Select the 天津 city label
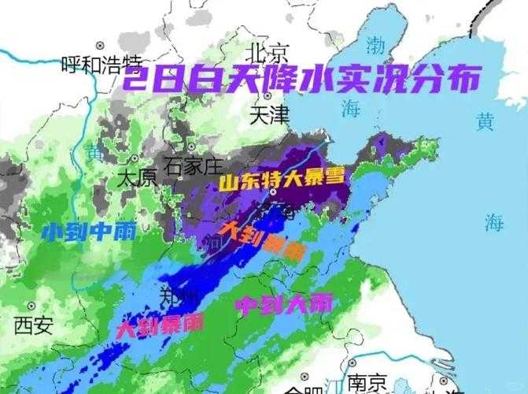pos(269,116)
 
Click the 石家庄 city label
pos(194,166)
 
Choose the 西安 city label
pos(34,325)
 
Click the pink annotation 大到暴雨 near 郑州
pos(160,325)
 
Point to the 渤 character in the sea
pos(376,45)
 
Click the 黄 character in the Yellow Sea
pos(486,121)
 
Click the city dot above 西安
pos(32,305)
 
